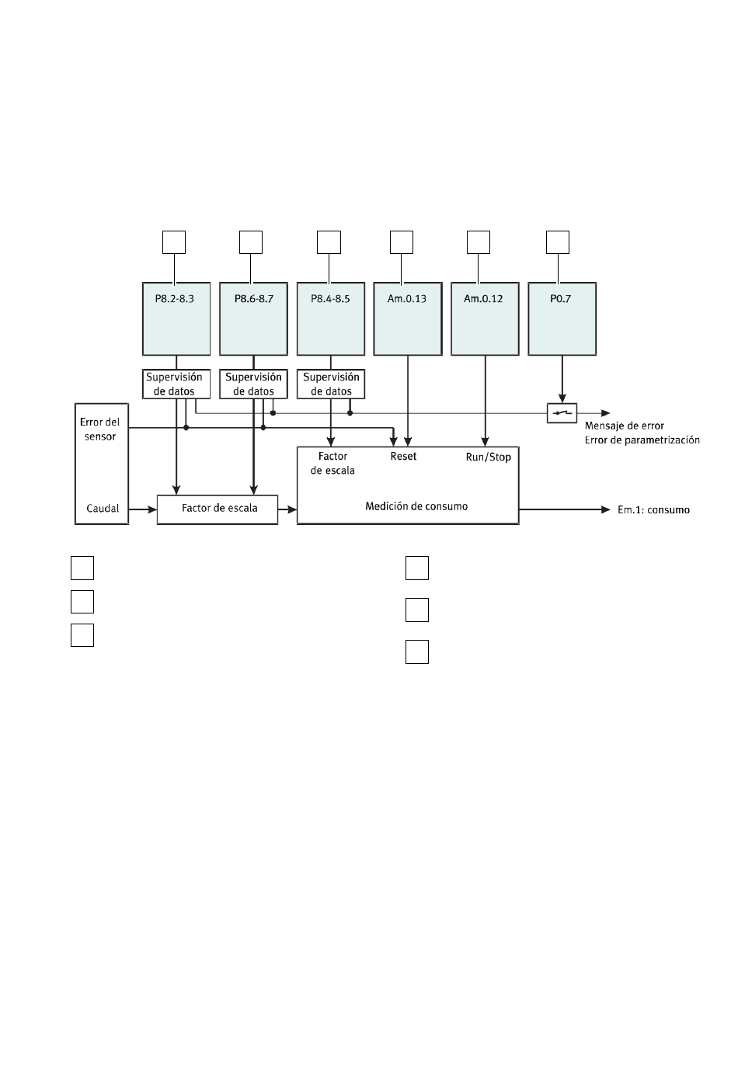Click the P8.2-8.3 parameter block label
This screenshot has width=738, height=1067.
(x=174, y=299)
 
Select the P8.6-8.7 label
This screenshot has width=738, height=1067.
(x=253, y=299)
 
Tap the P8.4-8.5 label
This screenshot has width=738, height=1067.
(x=330, y=299)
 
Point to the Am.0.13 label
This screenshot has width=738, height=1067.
(x=406, y=299)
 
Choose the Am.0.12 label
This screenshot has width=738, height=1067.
(x=483, y=299)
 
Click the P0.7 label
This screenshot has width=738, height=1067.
(x=560, y=299)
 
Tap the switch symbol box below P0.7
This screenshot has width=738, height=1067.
(x=562, y=413)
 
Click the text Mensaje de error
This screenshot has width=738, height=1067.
(x=624, y=426)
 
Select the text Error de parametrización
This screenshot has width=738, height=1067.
(x=642, y=440)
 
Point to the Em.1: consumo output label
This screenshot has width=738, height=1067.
(x=653, y=509)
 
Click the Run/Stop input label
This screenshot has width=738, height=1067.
(x=489, y=457)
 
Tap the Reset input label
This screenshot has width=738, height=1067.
(x=403, y=456)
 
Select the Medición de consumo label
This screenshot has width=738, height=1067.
(x=416, y=506)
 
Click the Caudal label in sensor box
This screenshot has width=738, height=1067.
(x=103, y=508)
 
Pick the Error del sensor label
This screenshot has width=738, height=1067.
(x=99, y=429)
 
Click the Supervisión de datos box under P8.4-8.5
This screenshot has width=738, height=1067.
(x=331, y=384)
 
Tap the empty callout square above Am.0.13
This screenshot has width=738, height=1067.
(x=401, y=242)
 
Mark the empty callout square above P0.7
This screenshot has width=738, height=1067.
(x=558, y=242)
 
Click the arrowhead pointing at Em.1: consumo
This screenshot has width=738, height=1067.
(x=606, y=509)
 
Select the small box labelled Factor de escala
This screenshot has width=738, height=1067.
(x=218, y=509)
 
